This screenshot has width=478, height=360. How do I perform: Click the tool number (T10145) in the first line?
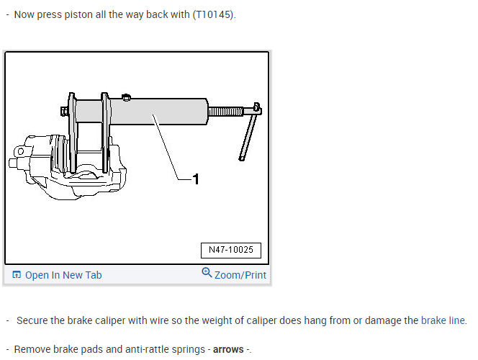coord(213,15)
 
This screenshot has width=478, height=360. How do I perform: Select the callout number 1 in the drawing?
coord(196,179)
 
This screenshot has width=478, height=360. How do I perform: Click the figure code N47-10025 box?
coord(230,251)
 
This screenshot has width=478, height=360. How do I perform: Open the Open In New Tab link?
coord(63,275)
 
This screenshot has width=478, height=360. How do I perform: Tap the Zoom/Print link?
coord(240,275)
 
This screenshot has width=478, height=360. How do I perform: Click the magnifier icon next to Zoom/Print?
coord(207,273)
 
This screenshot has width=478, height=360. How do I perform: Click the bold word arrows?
coord(228,349)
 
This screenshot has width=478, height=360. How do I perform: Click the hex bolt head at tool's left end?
coord(63,112)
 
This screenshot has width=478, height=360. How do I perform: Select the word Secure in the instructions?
coord(32,320)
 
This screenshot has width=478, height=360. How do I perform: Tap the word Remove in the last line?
coord(32,349)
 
